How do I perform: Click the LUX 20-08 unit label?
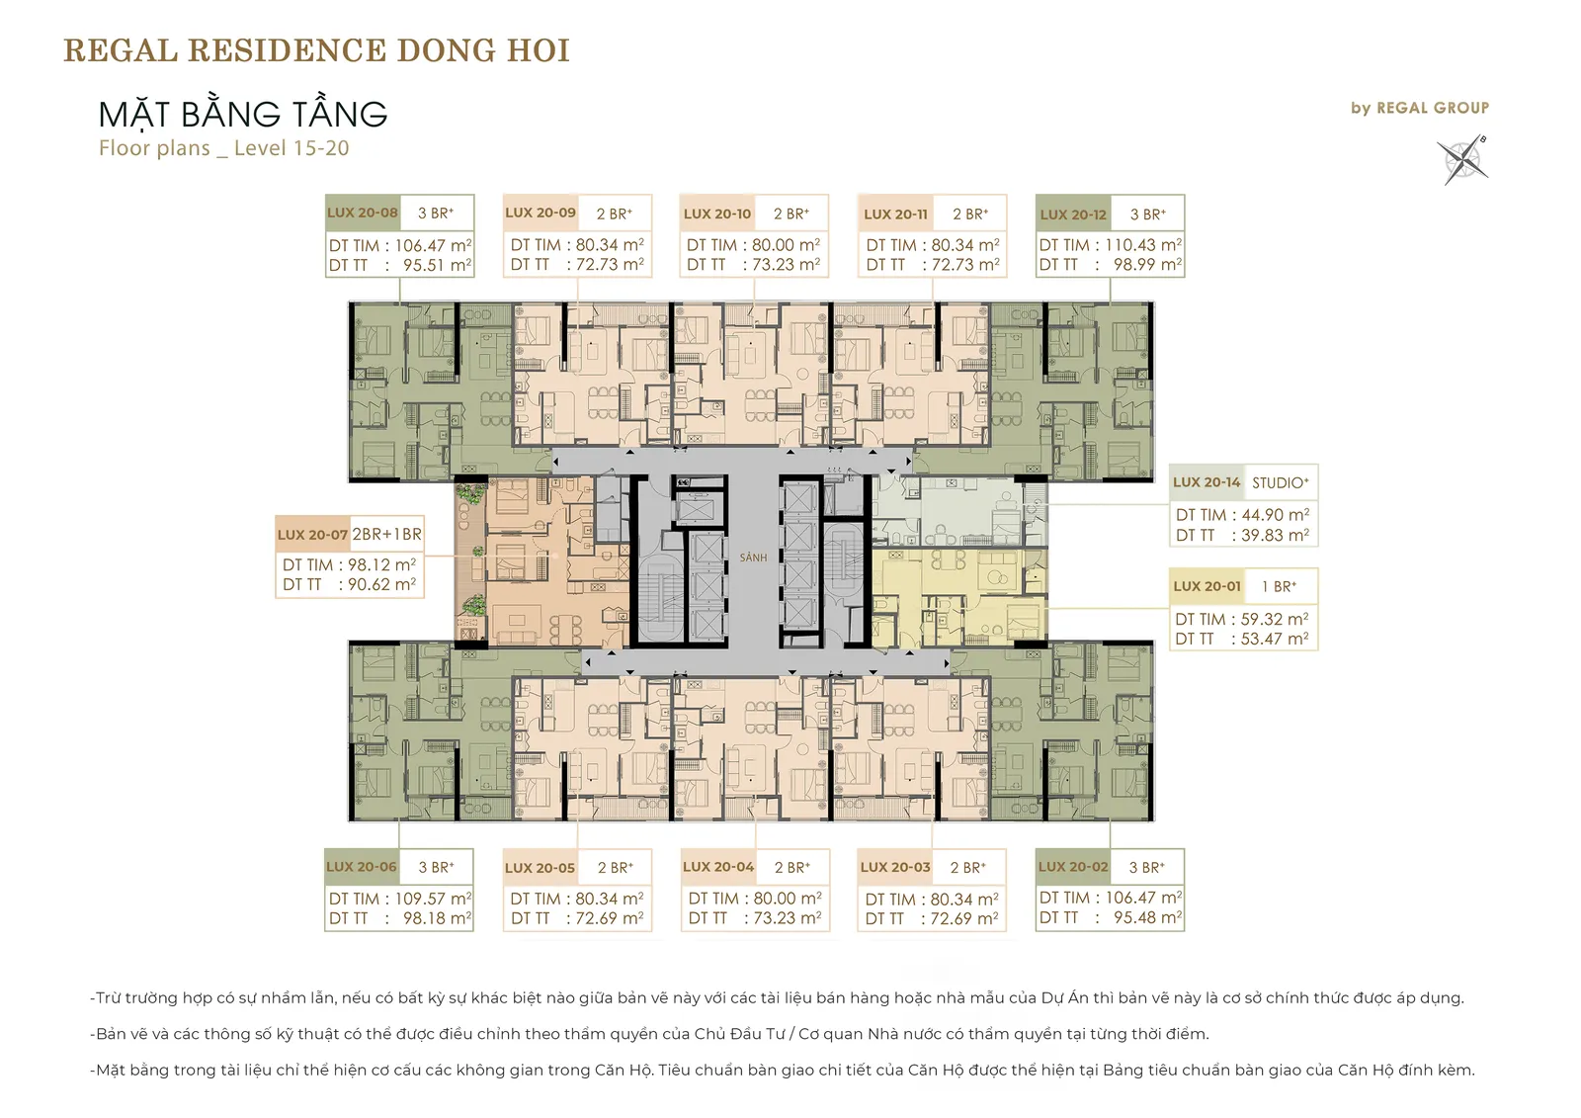point(362,213)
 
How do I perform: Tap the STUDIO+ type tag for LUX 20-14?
point(1281,483)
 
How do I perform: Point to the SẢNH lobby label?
point(753,558)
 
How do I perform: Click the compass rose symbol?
point(1462,160)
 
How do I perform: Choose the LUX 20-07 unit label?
point(312,535)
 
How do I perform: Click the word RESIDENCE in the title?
point(287,50)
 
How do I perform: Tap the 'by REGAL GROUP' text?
point(1420,108)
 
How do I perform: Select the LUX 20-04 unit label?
point(718,867)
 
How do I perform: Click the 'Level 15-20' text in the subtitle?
point(291,148)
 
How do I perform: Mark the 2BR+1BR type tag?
point(386,534)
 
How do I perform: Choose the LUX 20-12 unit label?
point(1073,215)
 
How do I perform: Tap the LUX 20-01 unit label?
point(1207,586)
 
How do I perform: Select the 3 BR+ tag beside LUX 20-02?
point(1147,867)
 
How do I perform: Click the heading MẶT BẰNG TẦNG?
point(243,115)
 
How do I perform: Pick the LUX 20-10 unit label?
point(717,214)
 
